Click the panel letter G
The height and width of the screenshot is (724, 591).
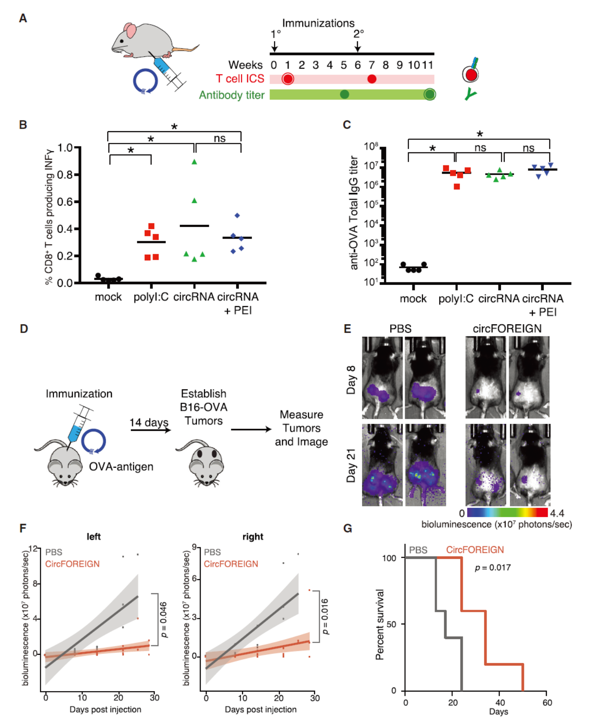click(x=347, y=528)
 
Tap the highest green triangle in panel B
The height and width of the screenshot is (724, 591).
click(x=195, y=162)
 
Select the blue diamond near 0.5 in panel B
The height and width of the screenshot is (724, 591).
click(x=237, y=215)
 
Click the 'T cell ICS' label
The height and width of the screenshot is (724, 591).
click(x=240, y=79)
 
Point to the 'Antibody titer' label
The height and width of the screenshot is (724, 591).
click(x=232, y=95)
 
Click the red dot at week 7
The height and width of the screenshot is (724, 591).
click(x=372, y=79)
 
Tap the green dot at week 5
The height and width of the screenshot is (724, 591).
click(x=344, y=94)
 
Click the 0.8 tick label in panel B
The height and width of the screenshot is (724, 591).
click(x=65, y=175)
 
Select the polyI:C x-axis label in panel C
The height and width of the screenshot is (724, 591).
click(x=456, y=299)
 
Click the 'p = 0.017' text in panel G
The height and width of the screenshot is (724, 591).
click(x=493, y=567)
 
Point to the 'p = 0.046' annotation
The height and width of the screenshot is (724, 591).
click(x=164, y=620)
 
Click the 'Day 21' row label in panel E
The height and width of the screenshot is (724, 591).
click(x=351, y=465)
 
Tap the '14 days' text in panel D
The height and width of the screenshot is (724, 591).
click(x=149, y=422)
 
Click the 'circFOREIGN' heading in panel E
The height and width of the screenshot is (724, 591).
click(x=507, y=329)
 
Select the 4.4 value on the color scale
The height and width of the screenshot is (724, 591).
click(x=557, y=513)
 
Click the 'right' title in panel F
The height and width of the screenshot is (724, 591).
click(x=253, y=537)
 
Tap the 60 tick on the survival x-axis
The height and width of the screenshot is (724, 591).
click(x=547, y=702)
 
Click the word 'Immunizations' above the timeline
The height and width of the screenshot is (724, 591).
click(x=318, y=23)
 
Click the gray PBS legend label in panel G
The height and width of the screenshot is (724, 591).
click(x=418, y=550)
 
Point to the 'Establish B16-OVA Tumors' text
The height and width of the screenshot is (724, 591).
click(x=204, y=407)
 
